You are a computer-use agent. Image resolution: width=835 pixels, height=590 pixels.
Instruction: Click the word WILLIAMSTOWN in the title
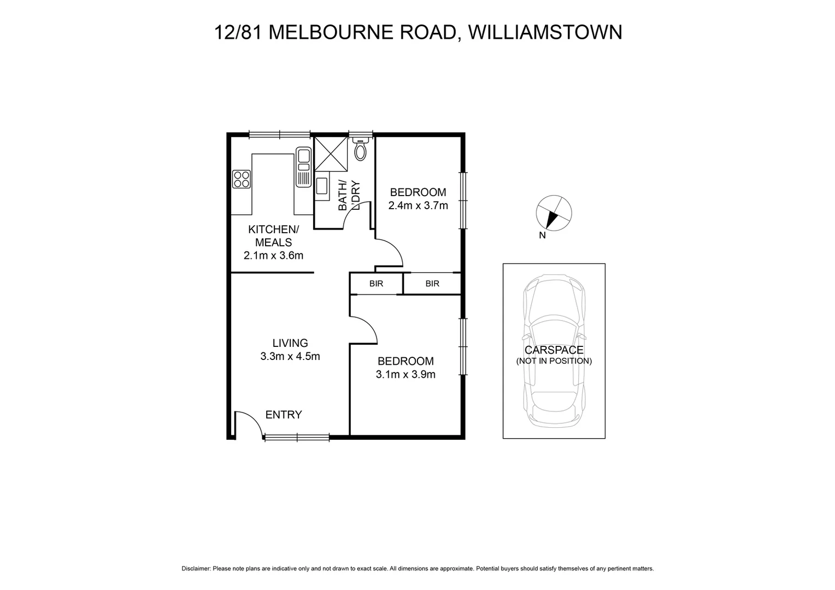(545, 32)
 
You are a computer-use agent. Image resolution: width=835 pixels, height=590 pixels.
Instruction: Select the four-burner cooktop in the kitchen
(241, 179)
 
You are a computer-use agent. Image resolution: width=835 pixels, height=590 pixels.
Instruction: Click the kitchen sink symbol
(303, 167)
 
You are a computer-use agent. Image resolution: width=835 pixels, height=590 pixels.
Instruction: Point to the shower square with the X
(331, 154)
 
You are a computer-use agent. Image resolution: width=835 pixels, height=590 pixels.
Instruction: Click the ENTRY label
(284, 415)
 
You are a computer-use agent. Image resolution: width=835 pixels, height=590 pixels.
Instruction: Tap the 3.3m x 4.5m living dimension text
(290, 357)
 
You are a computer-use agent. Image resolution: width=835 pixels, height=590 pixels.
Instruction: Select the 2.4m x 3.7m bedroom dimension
(418, 206)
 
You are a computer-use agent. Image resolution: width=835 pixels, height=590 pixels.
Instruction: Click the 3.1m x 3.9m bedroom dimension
(405, 375)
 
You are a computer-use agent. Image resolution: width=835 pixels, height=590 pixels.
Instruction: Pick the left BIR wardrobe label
(376, 284)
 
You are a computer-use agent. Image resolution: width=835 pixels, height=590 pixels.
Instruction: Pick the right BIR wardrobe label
(432, 284)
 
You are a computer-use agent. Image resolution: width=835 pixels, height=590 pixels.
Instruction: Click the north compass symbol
(554, 213)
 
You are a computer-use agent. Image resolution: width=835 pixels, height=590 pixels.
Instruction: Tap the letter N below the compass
(542, 236)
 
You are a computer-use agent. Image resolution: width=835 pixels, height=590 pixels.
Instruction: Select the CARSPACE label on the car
(554, 350)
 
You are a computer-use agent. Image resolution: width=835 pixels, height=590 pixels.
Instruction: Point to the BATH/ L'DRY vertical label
(349, 195)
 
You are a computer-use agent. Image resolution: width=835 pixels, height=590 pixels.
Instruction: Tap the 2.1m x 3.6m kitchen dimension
(273, 255)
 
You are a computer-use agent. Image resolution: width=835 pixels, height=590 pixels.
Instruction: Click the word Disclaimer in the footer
(196, 569)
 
